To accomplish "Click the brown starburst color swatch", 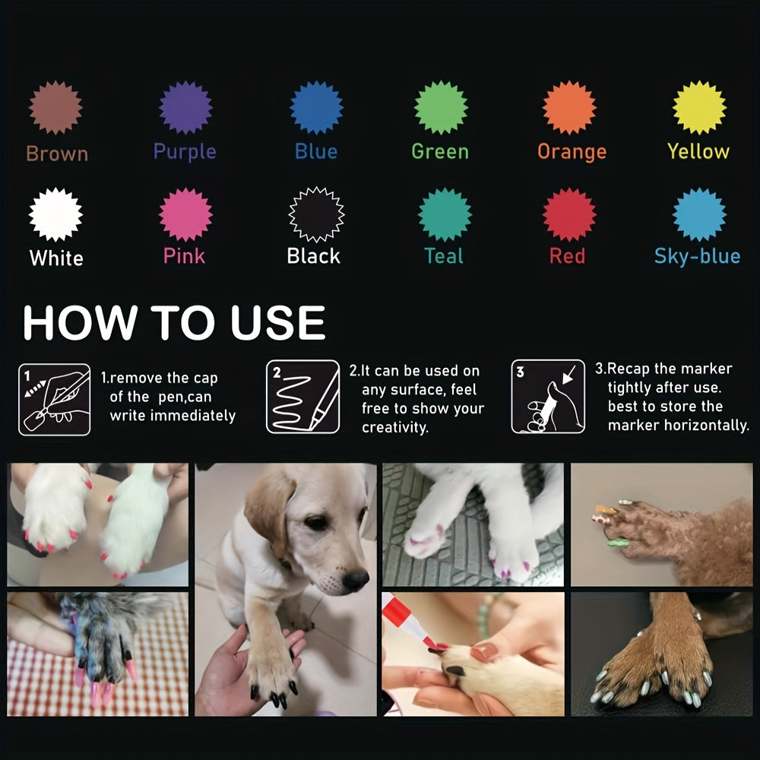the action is [55, 107].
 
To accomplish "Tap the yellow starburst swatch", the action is [699, 107].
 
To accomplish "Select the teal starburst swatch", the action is [445, 214].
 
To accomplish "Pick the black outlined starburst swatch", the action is [316, 214].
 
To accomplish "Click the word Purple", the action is [185, 152].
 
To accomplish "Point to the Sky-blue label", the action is [697, 256].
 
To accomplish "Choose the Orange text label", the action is [572, 152].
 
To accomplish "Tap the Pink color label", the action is [184, 256].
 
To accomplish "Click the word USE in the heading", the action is [277, 322].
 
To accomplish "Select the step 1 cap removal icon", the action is [54, 400].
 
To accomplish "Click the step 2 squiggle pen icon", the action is [303, 397].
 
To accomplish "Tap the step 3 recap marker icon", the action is [548, 397].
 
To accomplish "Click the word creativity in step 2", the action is [395, 427].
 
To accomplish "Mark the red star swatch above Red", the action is [569, 214].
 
